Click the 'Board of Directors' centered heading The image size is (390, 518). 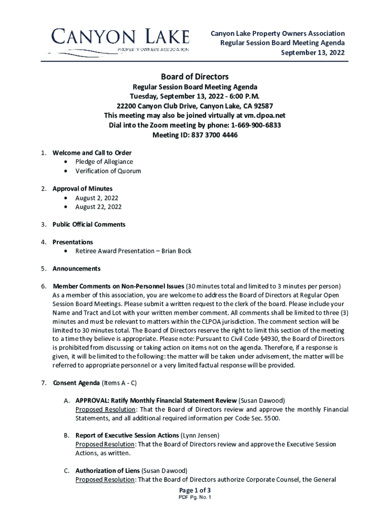195,77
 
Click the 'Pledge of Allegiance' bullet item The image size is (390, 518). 104,162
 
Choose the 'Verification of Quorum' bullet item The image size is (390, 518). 108,171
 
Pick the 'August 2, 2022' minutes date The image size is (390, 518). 97,198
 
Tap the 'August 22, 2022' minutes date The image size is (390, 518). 99,207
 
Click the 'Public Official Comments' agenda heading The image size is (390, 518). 89,224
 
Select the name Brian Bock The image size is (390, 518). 176,251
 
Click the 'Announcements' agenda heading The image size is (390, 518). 76,269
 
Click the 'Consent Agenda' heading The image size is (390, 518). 76,382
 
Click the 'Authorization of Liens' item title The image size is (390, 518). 107,471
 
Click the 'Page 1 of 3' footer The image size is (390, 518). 195,491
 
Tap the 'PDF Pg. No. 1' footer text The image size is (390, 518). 195,498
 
